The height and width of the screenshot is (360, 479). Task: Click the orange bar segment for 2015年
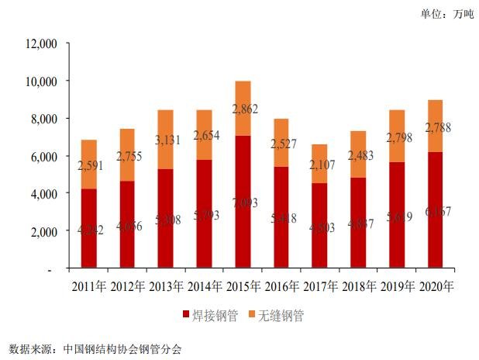243,109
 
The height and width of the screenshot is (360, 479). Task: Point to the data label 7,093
243,203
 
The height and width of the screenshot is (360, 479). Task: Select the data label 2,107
319,164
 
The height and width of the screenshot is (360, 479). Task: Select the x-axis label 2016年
281,286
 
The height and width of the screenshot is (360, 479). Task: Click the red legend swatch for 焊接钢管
185,316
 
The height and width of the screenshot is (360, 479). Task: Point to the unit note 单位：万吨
446,14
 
